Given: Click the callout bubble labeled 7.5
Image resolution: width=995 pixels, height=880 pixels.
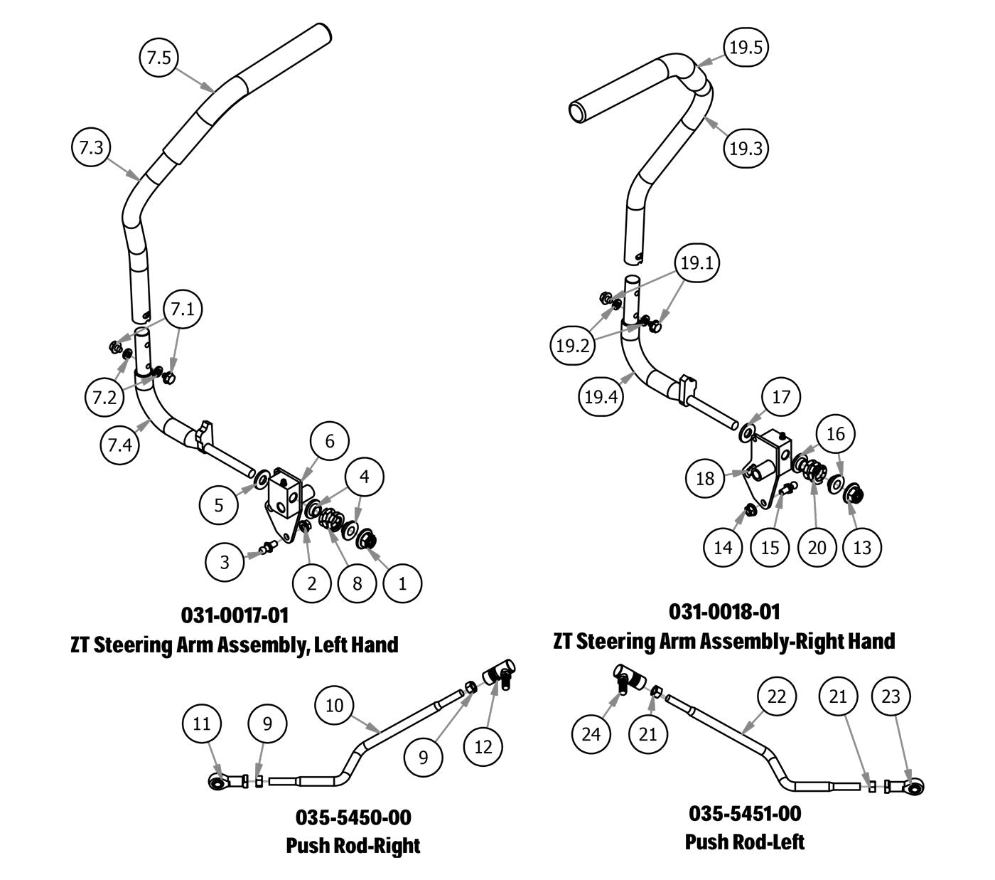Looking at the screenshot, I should click(x=158, y=58).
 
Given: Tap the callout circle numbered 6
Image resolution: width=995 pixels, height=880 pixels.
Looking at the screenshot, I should click(x=330, y=441).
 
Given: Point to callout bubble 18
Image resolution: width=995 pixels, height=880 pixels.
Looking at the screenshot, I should click(x=705, y=478).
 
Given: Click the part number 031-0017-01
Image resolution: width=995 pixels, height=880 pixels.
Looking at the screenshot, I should click(x=235, y=615).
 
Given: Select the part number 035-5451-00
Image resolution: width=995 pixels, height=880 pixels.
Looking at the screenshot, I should click(x=745, y=813).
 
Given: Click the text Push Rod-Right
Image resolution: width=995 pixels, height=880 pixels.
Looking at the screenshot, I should click(x=353, y=846).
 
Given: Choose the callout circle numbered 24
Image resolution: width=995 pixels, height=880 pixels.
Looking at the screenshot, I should click(x=591, y=733).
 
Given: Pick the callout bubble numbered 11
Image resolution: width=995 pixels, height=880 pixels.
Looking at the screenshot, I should click(x=202, y=723).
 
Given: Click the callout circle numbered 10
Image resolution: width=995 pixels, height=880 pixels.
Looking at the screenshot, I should click(x=334, y=705).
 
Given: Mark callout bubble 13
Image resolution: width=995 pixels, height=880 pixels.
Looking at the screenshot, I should click(x=861, y=547).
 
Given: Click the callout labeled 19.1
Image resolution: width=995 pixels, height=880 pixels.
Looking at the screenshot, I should click(x=696, y=263).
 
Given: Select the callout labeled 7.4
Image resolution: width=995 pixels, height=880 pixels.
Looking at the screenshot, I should click(x=119, y=445).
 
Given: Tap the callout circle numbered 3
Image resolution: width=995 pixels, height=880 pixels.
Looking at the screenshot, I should click(x=225, y=562).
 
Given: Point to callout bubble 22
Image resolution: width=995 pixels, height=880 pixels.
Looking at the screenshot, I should click(x=777, y=696).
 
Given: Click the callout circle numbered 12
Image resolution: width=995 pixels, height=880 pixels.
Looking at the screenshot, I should click(x=483, y=747).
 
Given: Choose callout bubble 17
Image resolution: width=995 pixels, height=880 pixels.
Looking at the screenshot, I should click(x=781, y=396).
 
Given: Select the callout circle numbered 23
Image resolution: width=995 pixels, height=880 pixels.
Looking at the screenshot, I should click(x=891, y=696).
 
